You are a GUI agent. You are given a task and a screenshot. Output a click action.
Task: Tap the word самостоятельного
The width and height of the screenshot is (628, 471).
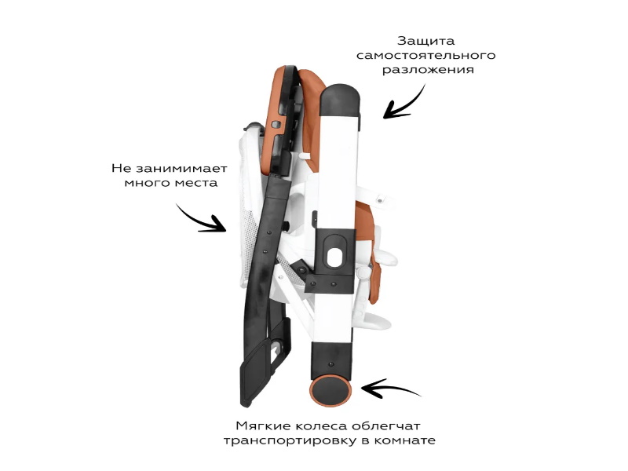[x=426, y=55]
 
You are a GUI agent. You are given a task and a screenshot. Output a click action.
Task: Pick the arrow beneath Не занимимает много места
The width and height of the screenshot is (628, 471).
[x=201, y=219]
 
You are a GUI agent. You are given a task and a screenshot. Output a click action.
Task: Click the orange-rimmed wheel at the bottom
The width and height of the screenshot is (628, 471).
[x=330, y=389]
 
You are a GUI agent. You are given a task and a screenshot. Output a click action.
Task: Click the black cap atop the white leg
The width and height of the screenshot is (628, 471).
[x=339, y=94]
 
